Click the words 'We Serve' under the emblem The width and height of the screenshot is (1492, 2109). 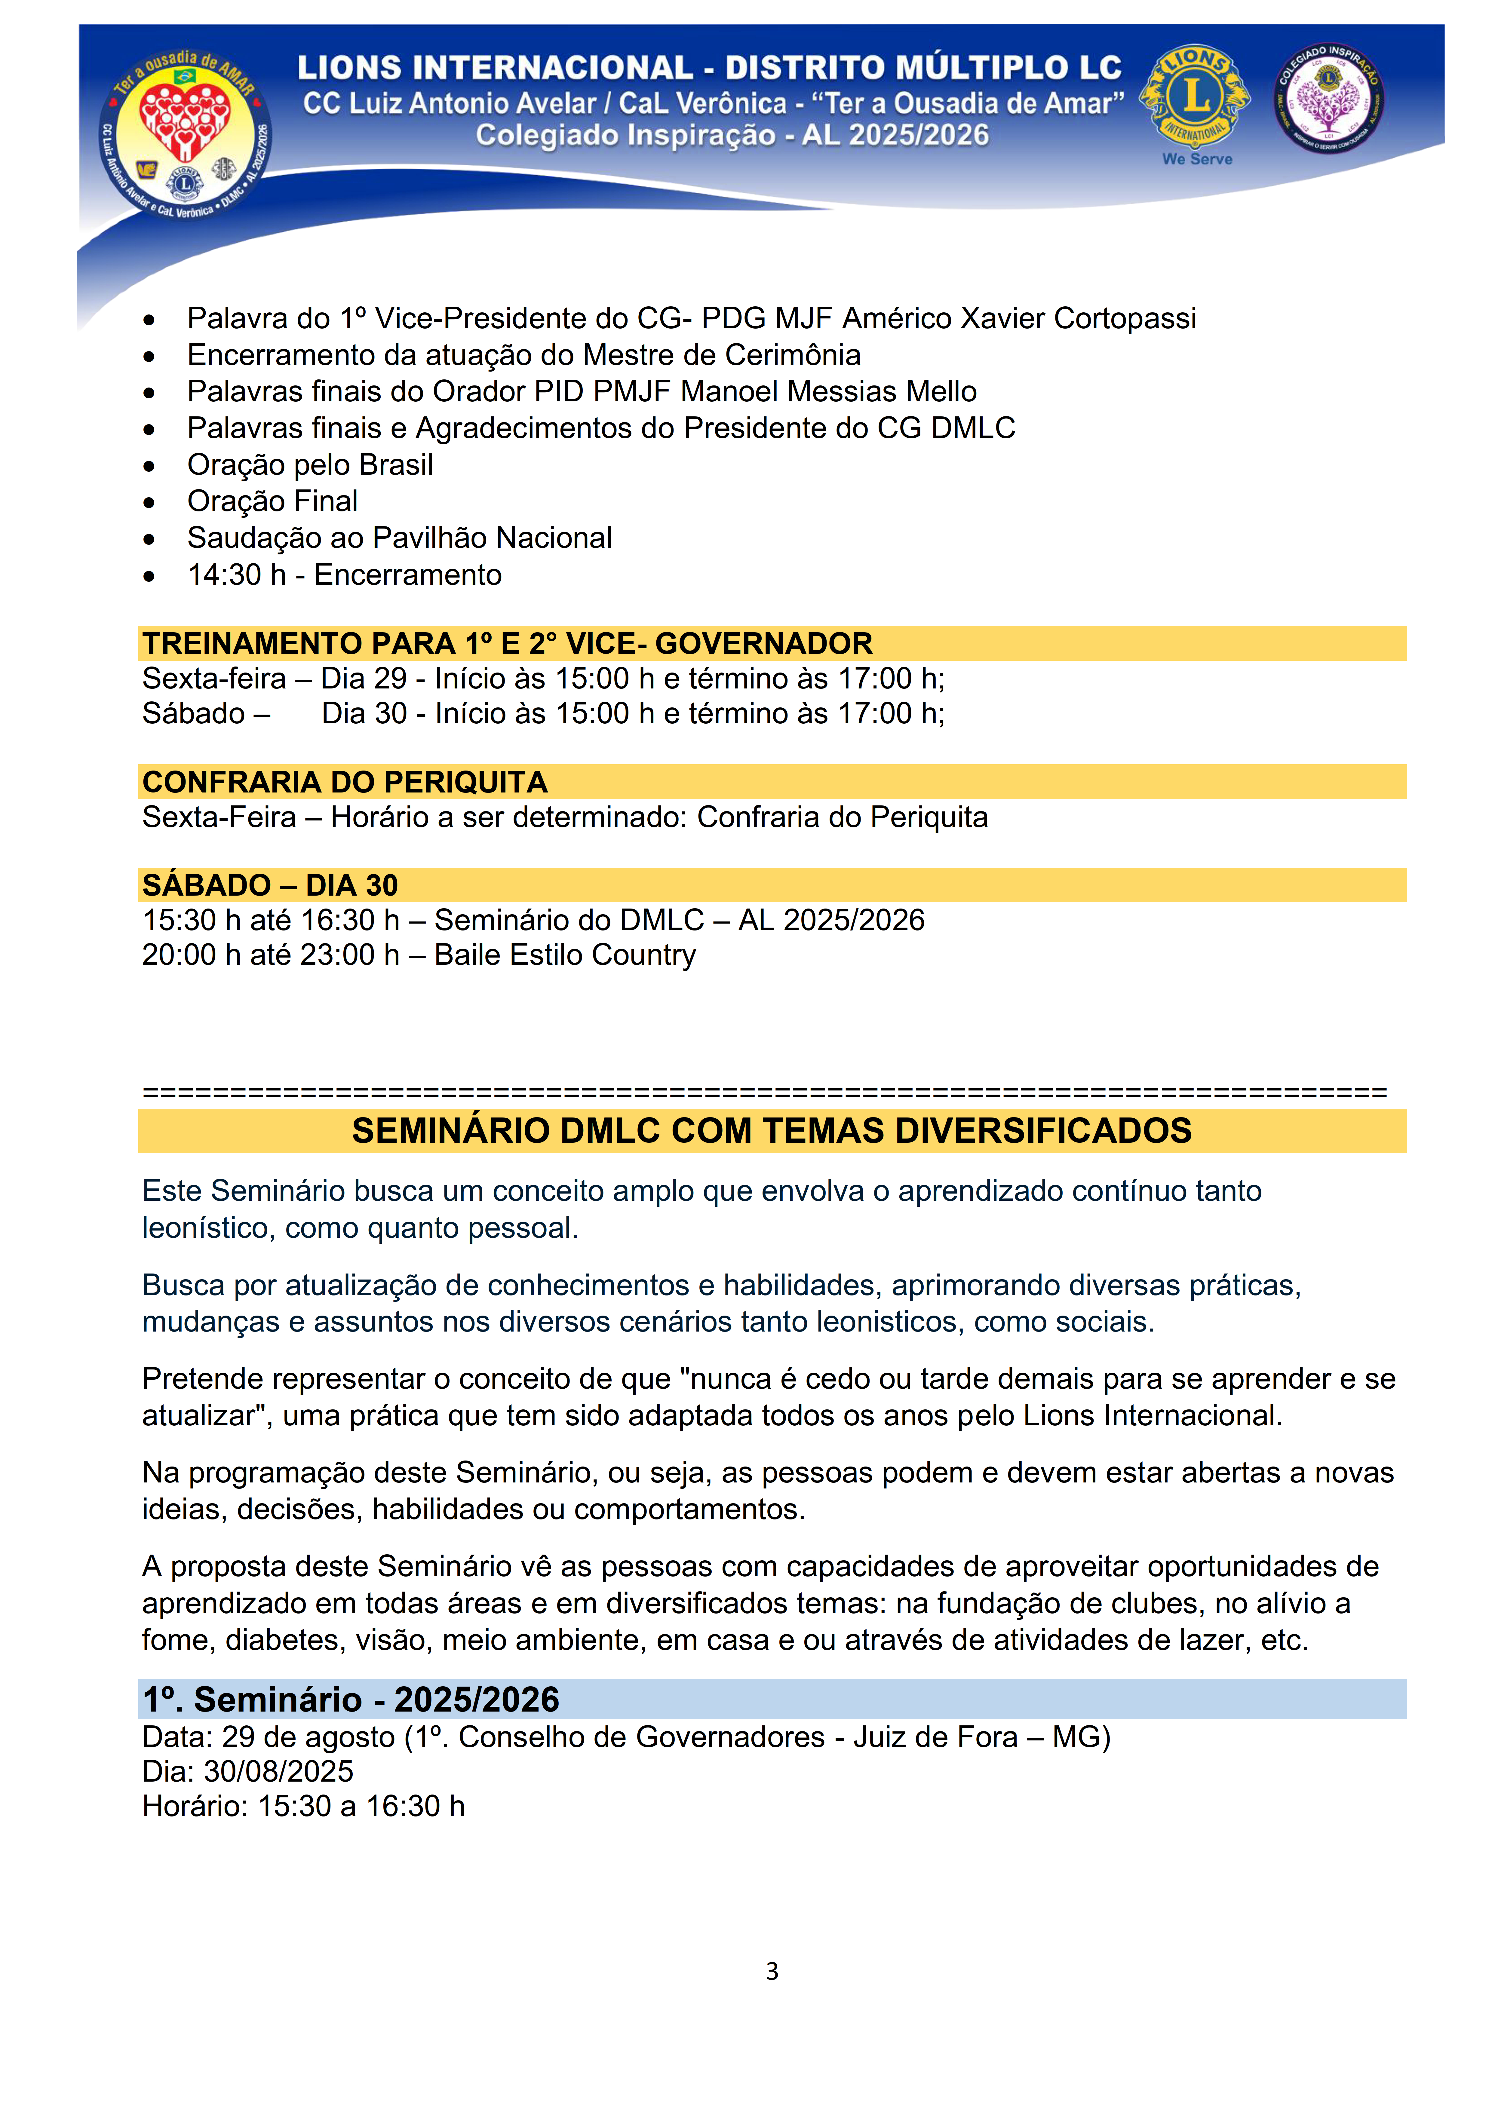[1197, 159]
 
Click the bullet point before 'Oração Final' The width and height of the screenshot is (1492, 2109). [149, 502]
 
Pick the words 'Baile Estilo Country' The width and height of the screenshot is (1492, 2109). [565, 955]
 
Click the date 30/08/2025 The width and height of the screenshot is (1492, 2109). [278, 1771]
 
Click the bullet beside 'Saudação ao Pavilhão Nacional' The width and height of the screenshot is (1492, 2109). [149, 539]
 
